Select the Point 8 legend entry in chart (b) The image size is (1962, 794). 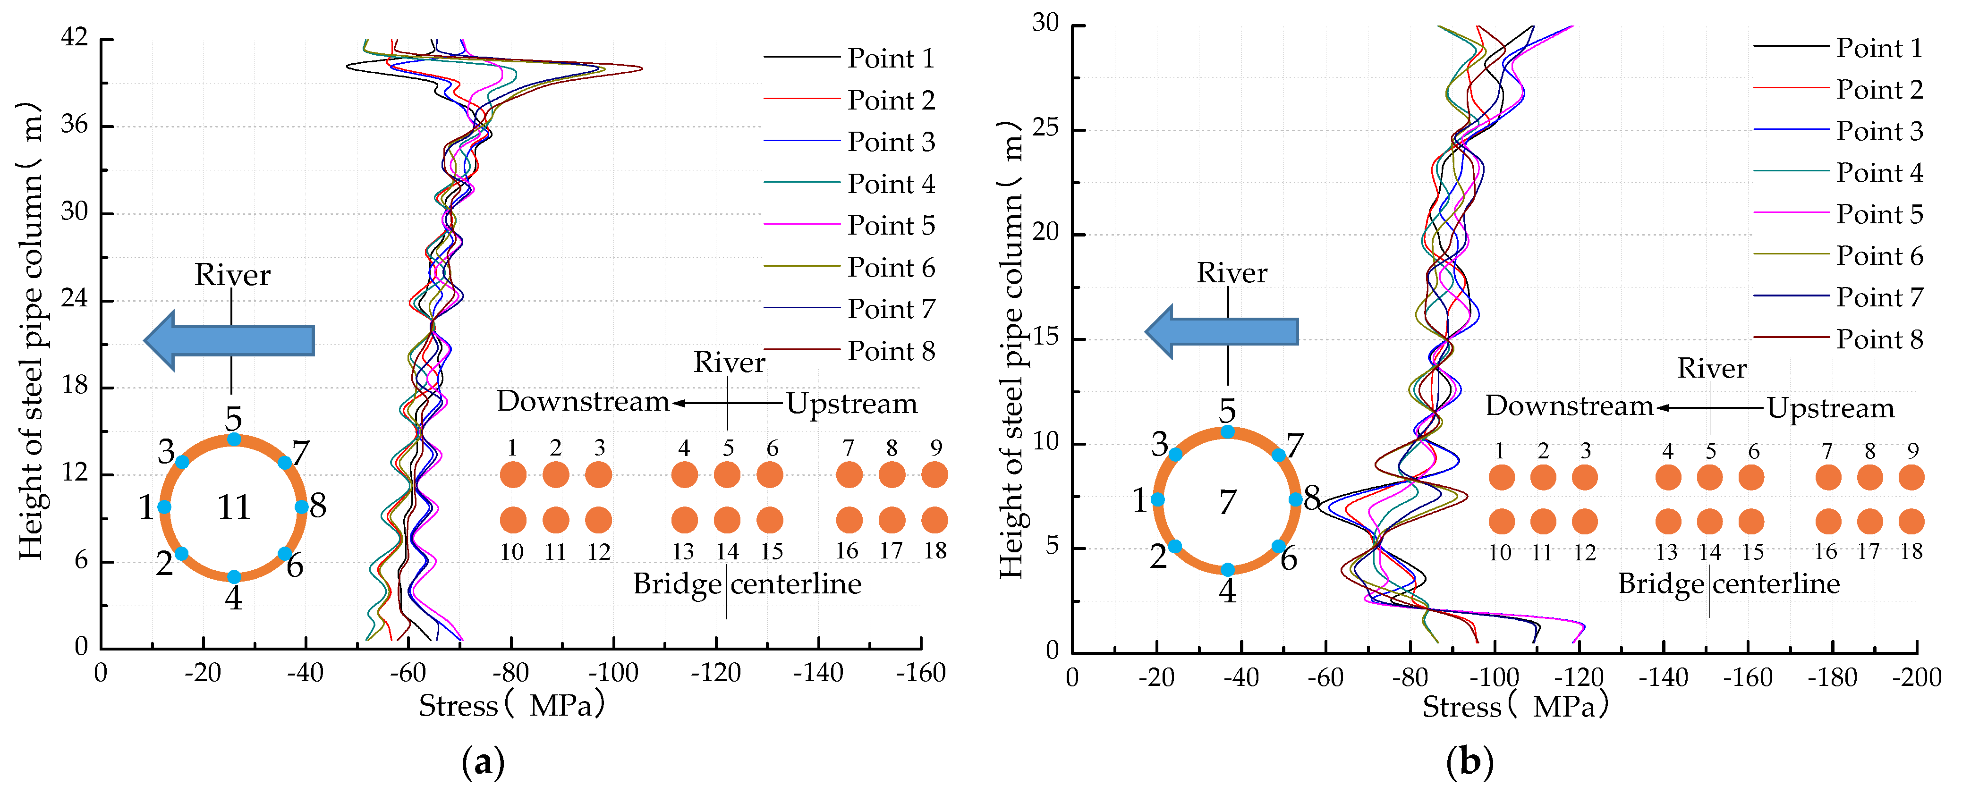point(1878,339)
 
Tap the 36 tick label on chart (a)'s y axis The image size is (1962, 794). point(75,124)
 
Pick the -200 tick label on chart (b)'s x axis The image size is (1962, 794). point(1916,677)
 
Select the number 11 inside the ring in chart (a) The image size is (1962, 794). point(234,507)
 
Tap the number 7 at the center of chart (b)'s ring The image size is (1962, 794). point(1227,502)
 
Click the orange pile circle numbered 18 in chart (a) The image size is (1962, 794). point(934,520)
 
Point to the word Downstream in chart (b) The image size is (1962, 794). point(1569,406)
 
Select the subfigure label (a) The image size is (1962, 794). point(483,761)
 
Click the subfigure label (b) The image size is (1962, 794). point(1469,761)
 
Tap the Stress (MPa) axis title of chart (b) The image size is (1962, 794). point(1515,707)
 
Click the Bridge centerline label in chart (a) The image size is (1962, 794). point(747,584)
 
